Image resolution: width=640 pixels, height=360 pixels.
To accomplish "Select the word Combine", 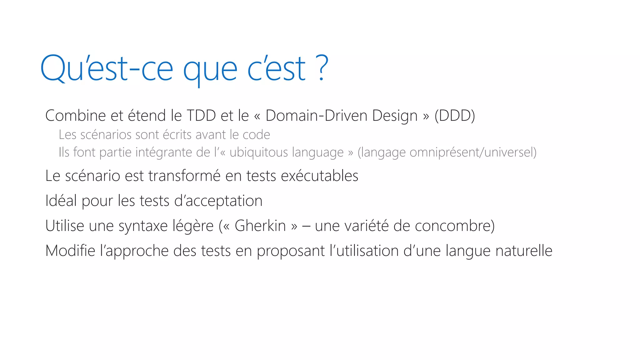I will pos(75,116).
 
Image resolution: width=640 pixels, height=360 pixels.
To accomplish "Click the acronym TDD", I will pos(201,116).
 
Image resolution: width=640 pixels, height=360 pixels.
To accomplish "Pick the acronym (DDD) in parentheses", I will pos(455,116).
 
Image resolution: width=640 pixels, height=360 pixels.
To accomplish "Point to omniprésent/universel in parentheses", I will pos(447,152).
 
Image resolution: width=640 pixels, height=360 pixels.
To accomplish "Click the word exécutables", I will pos(319,176).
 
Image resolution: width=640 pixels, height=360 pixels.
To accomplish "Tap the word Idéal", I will pos(61,201).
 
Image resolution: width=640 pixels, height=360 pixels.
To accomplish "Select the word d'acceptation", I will pos(218,201).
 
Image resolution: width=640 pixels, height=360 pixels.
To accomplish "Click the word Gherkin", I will pos(260,226).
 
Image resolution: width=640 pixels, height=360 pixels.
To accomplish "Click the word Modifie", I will pos(70,251).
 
